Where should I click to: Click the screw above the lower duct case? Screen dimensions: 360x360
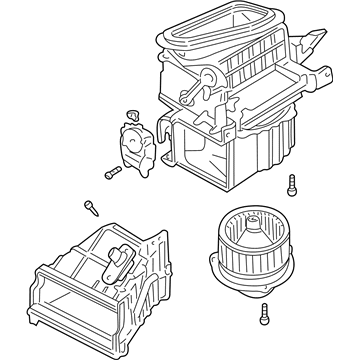[92, 207]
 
